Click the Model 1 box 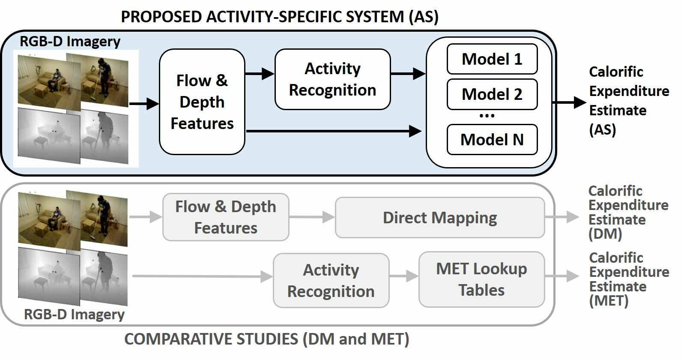492,59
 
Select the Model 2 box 492,94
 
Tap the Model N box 492,140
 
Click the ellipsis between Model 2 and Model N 487,116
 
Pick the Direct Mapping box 439,218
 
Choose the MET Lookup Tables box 481,279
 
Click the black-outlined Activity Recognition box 333,79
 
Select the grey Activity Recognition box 331,281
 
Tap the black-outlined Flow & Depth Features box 202,102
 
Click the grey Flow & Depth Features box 226,217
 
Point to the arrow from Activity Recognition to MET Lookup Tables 404,276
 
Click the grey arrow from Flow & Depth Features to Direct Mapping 312,217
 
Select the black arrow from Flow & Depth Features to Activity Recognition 260,74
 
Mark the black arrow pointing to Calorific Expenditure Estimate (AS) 569,102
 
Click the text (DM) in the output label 605,234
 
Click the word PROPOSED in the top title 161,17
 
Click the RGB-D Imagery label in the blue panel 70,42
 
